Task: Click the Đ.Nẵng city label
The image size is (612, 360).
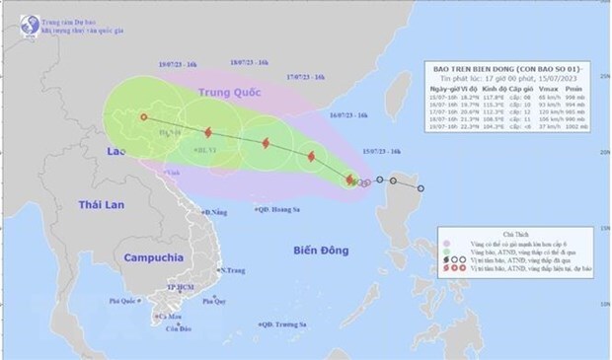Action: pos(216,212)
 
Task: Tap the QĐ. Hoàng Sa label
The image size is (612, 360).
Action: pos(277,209)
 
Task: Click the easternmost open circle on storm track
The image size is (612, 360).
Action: pos(421,188)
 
